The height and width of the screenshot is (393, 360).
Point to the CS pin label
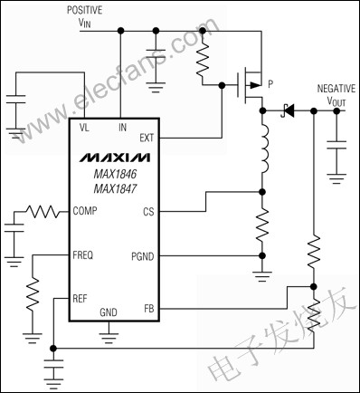(x=148, y=212)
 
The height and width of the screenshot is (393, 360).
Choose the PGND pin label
(x=143, y=256)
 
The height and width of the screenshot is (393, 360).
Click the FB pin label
(x=148, y=308)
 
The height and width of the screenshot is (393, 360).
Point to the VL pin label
(x=83, y=128)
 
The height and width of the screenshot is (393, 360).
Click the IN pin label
(x=121, y=128)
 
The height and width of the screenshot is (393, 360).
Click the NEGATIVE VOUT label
(x=336, y=96)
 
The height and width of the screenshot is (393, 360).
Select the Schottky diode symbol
(x=285, y=113)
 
